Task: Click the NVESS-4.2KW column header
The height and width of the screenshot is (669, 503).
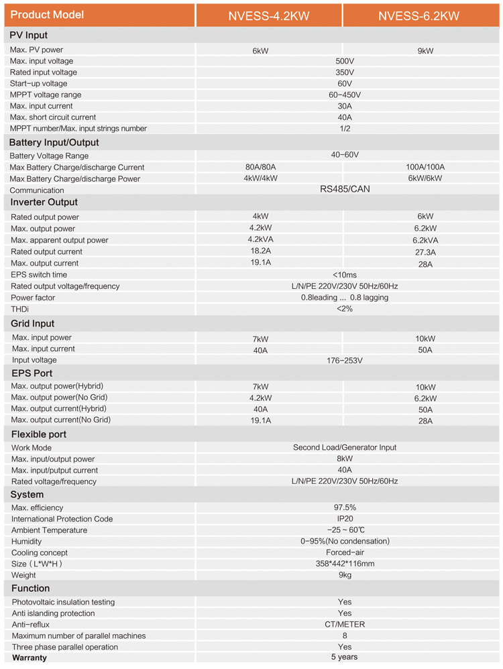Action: pyautogui.click(x=269, y=15)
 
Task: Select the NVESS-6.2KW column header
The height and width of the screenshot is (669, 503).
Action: pyautogui.click(x=422, y=15)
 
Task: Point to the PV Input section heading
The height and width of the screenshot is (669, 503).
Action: pyautogui.click(x=28, y=35)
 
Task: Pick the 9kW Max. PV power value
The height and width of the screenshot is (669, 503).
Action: pyautogui.click(x=425, y=50)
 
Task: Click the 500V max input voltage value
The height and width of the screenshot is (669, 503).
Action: pyautogui.click(x=345, y=61)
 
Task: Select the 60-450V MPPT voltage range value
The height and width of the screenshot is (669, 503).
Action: pyautogui.click(x=345, y=95)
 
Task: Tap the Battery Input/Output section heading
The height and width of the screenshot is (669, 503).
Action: pyautogui.click(x=54, y=142)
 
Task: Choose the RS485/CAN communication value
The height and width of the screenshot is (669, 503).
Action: pyautogui.click(x=345, y=189)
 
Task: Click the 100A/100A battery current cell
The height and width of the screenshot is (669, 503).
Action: pyautogui.click(x=425, y=167)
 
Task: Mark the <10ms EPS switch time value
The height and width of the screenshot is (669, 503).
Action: pyautogui.click(x=345, y=275)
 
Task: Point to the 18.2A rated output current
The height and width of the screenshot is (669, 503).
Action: pyautogui.click(x=260, y=251)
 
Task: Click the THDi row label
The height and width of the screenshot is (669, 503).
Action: pyautogui.click(x=20, y=309)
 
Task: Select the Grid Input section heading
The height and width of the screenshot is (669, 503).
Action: pyautogui.click(x=33, y=324)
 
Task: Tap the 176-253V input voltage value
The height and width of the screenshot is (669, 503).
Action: pyautogui.click(x=345, y=361)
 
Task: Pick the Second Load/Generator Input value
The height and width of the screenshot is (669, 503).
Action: pyautogui.click(x=345, y=447)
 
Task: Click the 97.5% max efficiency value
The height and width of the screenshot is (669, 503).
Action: pyautogui.click(x=345, y=507)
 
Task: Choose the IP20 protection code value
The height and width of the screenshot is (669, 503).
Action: pyautogui.click(x=345, y=519)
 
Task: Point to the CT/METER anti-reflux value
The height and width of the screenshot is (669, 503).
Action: pyautogui.click(x=345, y=624)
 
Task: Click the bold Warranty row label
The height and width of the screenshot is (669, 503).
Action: pyautogui.click(x=30, y=658)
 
